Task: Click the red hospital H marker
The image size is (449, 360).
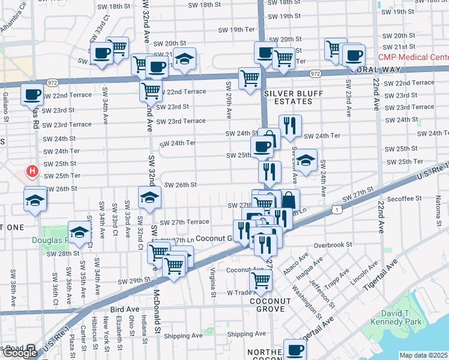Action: point(32,172)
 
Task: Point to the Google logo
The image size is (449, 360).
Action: point(20,353)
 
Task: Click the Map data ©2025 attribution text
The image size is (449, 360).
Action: point(424,355)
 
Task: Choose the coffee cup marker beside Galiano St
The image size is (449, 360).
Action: point(32,94)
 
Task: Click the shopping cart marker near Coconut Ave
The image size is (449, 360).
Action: point(261,280)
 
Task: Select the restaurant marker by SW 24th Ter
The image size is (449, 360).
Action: point(291,126)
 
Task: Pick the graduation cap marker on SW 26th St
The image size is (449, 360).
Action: point(149,196)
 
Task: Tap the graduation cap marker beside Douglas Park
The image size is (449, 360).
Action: point(79,232)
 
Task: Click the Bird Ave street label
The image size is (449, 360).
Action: point(125,309)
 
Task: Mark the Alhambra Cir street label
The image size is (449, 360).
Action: point(13,17)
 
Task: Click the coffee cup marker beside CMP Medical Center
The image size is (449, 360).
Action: point(354,56)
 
